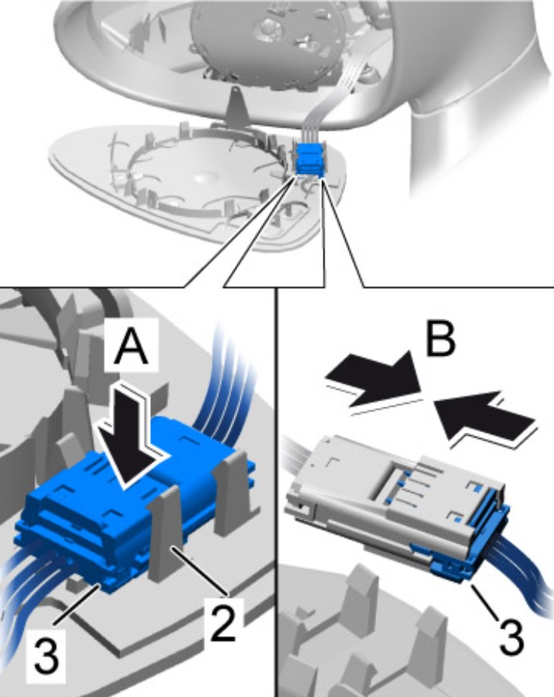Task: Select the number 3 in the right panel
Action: [x=511, y=636]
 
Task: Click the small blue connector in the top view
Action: [x=309, y=159]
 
